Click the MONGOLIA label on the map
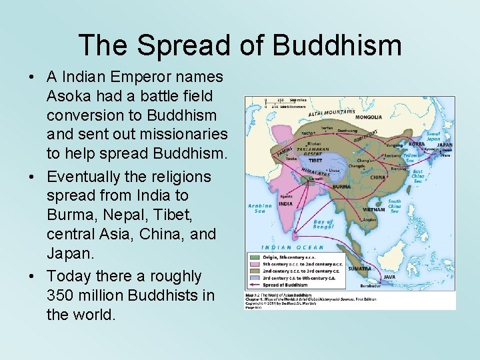[368, 117]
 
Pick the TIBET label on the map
[315, 160]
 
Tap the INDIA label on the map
[285, 204]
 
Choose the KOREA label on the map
[417, 143]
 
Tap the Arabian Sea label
[259, 209]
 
